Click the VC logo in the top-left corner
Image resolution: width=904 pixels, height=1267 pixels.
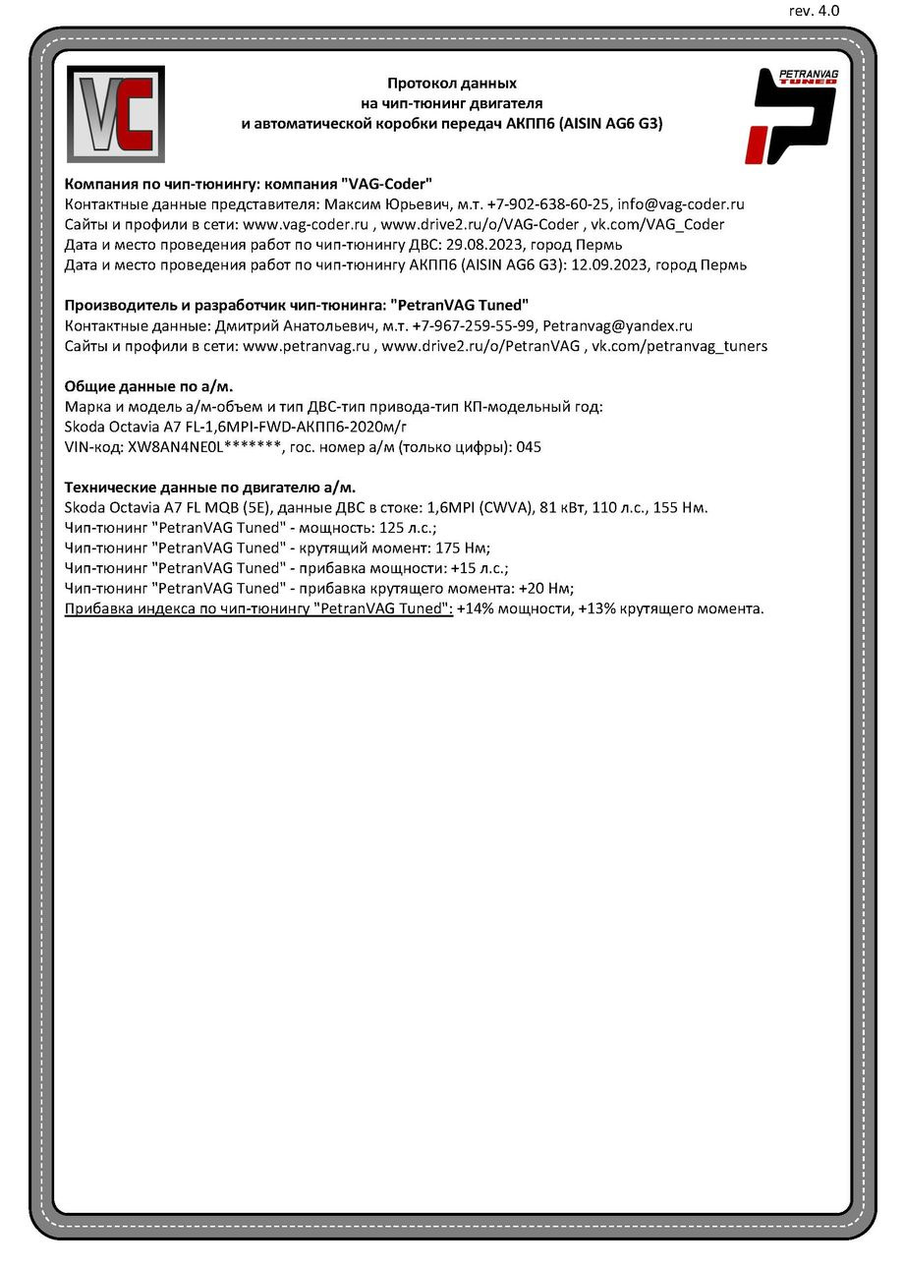pyautogui.click(x=115, y=114)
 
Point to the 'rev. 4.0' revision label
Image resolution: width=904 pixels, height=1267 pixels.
pyautogui.click(x=814, y=11)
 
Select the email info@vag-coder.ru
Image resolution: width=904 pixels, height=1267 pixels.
pyautogui.click(x=680, y=204)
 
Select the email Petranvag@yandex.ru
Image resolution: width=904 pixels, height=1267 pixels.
pyautogui.click(x=617, y=325)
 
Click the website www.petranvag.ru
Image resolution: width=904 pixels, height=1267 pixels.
pyautogui.click(x=306, y=346)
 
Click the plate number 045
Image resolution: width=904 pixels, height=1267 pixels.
pyautogui.click(x=529, y=447)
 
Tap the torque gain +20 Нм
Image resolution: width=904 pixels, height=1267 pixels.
pyautogui.click(x=542, y=589)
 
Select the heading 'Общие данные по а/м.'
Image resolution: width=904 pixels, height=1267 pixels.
pyautogui.click(x=148, y=386)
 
